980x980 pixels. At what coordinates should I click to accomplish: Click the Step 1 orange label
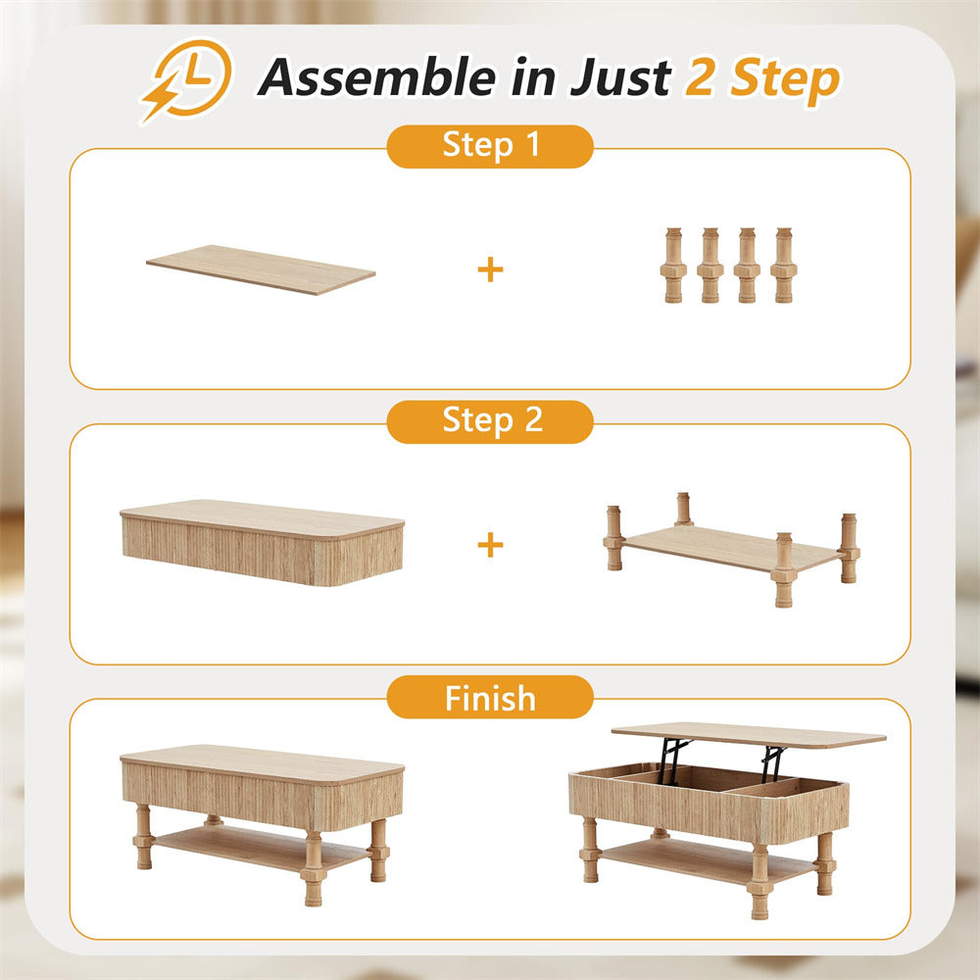(490, 146)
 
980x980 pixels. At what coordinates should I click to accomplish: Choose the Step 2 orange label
(490, 420)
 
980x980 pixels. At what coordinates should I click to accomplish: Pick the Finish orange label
(490, 698)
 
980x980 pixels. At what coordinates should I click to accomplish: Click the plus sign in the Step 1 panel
(490, 269)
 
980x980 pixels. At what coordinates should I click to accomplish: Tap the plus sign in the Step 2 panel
(490, 545)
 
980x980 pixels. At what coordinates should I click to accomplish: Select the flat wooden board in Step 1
(261, 269)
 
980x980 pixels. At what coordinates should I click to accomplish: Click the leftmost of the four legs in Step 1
(672, 266)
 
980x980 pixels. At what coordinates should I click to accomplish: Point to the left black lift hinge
(672, 760)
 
